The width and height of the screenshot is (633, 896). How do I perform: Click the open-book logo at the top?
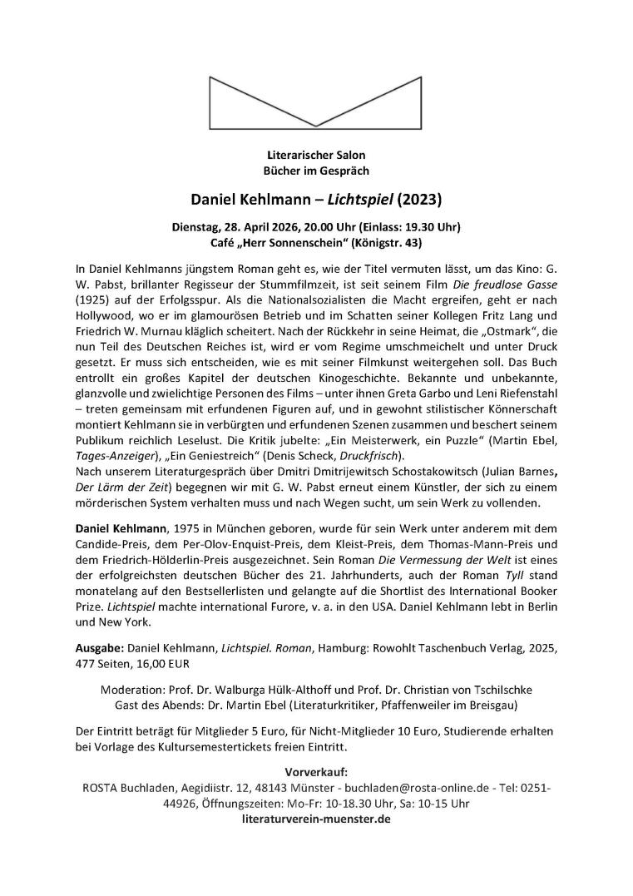tap(316, 100)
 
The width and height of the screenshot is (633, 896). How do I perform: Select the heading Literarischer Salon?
tap(316, 155)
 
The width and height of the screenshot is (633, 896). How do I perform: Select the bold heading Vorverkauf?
tap(316, 771)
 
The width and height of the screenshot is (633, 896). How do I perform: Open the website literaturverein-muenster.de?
tap(316, 819)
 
